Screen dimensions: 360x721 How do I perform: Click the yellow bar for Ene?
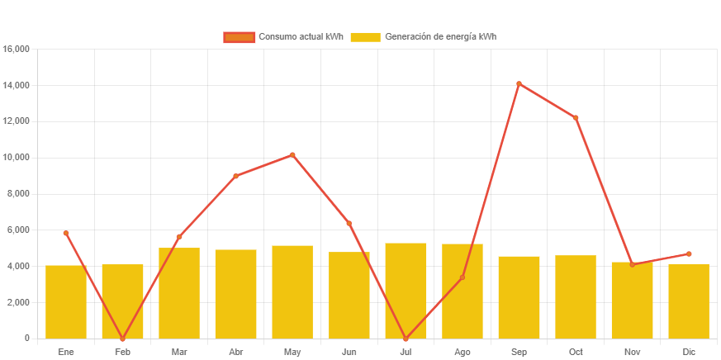coord(66,301)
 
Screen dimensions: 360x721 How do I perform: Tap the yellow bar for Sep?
coord(519,297)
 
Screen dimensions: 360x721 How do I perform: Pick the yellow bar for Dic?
coord(689,301)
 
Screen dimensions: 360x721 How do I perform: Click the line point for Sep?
coord(519,83)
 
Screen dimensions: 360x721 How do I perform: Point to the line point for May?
coord(292,154)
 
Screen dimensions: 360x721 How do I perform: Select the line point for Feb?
coord(122,339)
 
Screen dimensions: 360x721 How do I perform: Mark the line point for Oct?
coord(576,117)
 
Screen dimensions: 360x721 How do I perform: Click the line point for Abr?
coord(235,176)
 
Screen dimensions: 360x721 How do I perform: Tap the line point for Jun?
coord(349,223)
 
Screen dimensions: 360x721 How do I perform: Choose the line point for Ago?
coord(462,277)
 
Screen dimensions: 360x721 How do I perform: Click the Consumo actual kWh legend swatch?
coord(239,37)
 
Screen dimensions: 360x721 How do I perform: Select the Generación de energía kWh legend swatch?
coord(365,37)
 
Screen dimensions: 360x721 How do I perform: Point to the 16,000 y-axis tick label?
coord(17,49)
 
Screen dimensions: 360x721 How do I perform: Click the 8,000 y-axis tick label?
coord(19,193)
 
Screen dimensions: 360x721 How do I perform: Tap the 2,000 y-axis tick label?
coord(19,302)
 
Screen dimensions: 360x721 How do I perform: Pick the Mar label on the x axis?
coord(179,352)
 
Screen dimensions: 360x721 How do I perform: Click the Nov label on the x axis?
coord(632,352)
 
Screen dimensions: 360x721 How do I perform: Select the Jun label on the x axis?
coord(349,352)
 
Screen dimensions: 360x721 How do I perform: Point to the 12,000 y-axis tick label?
coord(17,121)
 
